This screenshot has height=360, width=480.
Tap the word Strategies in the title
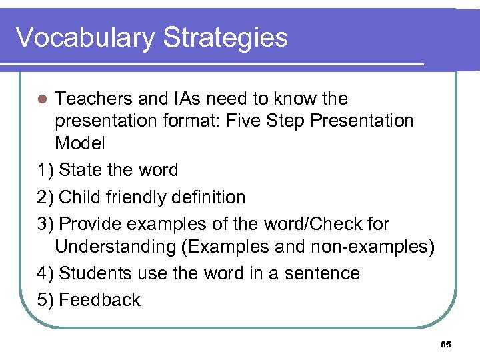225,37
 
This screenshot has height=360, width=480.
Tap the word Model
80,143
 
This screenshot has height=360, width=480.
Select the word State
81,170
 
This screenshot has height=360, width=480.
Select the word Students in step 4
97,273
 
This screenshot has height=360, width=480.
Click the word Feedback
100,300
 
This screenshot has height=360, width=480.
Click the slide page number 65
446,345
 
